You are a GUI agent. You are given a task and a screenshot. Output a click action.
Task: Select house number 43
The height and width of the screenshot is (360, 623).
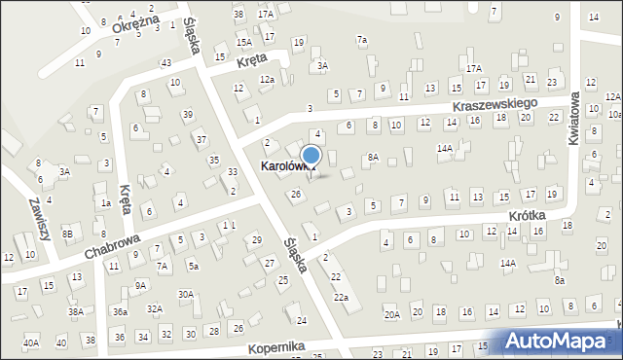166,62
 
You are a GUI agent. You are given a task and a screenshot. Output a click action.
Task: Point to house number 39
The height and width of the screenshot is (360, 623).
188,115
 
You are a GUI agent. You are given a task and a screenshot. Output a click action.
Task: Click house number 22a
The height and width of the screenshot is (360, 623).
341,297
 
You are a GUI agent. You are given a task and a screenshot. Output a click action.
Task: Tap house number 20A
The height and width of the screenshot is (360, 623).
392,314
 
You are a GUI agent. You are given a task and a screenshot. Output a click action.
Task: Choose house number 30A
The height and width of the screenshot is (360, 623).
186,294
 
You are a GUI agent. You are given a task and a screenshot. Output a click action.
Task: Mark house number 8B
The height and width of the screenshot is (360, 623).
67,234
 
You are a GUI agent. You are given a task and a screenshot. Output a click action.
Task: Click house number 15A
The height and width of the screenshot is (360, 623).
243,43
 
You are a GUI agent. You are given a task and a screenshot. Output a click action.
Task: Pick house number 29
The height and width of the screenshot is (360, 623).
256,239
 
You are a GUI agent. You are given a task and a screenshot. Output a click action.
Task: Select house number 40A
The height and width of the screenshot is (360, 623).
31,342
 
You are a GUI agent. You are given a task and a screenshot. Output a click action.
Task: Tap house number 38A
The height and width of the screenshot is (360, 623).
74,312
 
